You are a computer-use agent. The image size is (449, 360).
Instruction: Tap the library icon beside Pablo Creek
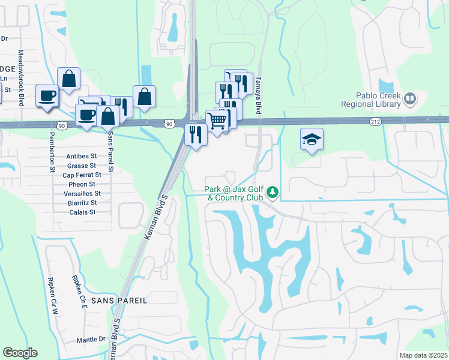411,98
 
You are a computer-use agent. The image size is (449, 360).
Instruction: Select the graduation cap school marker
312,140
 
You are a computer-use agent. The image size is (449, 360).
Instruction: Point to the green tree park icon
273,191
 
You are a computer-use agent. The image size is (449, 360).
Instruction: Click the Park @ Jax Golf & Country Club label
235,193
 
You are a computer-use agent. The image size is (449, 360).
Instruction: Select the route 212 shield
375,121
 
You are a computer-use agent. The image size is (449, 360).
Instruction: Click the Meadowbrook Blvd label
20,77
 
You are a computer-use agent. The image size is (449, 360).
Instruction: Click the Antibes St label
81,157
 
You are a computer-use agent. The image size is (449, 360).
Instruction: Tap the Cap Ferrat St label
81,175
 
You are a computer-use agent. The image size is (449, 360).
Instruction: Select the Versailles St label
82,194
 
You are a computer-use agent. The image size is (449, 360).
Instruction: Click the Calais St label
83,212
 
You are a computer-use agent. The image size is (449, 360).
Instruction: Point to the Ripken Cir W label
52,289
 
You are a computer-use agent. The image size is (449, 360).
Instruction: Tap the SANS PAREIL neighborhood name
119,299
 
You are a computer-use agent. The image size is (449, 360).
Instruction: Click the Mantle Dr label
91,340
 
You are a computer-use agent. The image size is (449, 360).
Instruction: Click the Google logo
20,353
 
